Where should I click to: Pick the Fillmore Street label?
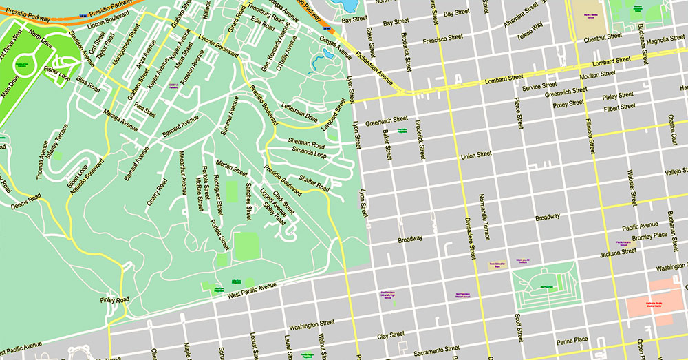pyautogui.click(x=591, y=135)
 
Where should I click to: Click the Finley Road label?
pyautogui.click(x=114, y=300)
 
